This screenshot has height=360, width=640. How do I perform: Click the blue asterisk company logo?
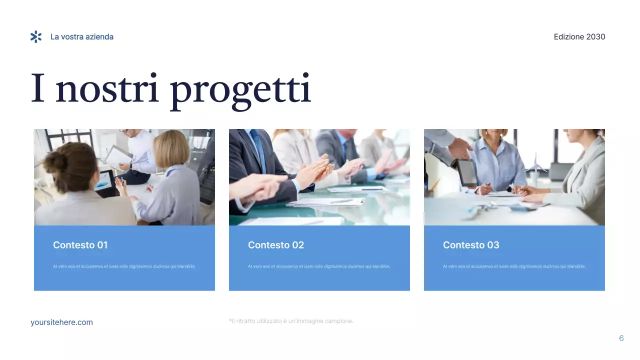point(36,36)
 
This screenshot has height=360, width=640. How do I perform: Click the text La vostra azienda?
point(82,37)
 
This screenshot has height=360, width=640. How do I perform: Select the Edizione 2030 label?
point(579,37)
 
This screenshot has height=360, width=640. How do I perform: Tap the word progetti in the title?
point(240,90)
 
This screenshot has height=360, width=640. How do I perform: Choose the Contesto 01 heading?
point(80,245)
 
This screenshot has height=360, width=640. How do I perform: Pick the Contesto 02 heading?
point(276,245)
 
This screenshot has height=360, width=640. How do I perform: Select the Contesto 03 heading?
point(471,245)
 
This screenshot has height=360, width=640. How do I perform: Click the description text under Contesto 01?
point(124,266)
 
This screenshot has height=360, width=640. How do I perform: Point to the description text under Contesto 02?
point(319,266)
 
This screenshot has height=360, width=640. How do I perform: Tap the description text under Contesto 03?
point(514,266)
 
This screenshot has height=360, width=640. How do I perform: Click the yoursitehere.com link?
point(61,322)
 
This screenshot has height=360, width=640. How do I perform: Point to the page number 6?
point(621,338)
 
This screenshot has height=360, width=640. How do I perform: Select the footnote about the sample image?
point(291,321)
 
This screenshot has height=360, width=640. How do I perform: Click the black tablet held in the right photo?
point(466,172)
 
